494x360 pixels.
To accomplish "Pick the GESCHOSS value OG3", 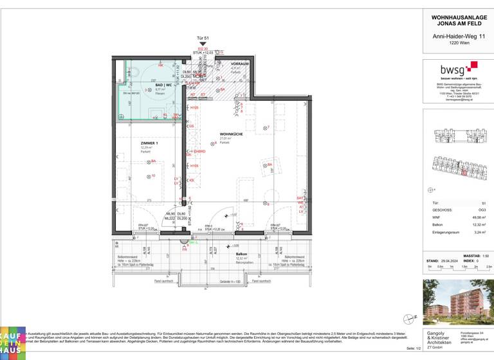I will pos(475,209).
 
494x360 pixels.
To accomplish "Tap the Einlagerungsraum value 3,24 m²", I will pos(475,233).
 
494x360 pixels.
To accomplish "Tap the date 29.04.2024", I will pos(447,262).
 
